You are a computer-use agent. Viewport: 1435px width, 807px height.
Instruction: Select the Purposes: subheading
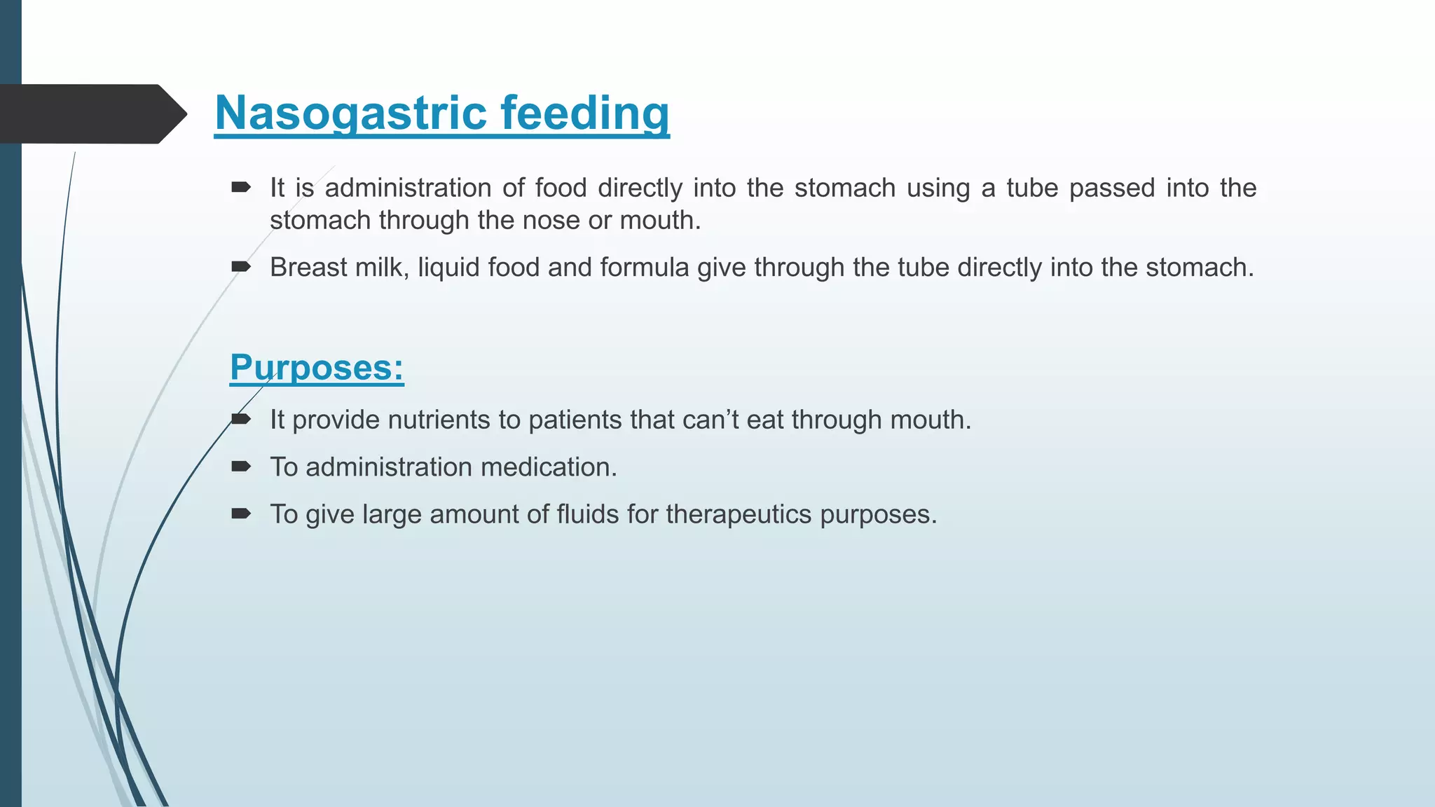(317, 367)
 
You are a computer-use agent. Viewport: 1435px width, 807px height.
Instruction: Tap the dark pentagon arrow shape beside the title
(91, 114)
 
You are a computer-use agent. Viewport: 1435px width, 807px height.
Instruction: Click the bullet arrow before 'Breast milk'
(241, 266)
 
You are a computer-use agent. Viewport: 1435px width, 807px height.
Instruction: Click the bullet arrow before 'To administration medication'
(241, 467)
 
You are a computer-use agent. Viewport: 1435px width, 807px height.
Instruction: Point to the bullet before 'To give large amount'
(241, 513)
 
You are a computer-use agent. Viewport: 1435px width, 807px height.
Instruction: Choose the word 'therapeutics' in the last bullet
(739, 515)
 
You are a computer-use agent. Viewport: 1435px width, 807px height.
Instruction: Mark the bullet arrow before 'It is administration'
(241, 187)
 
